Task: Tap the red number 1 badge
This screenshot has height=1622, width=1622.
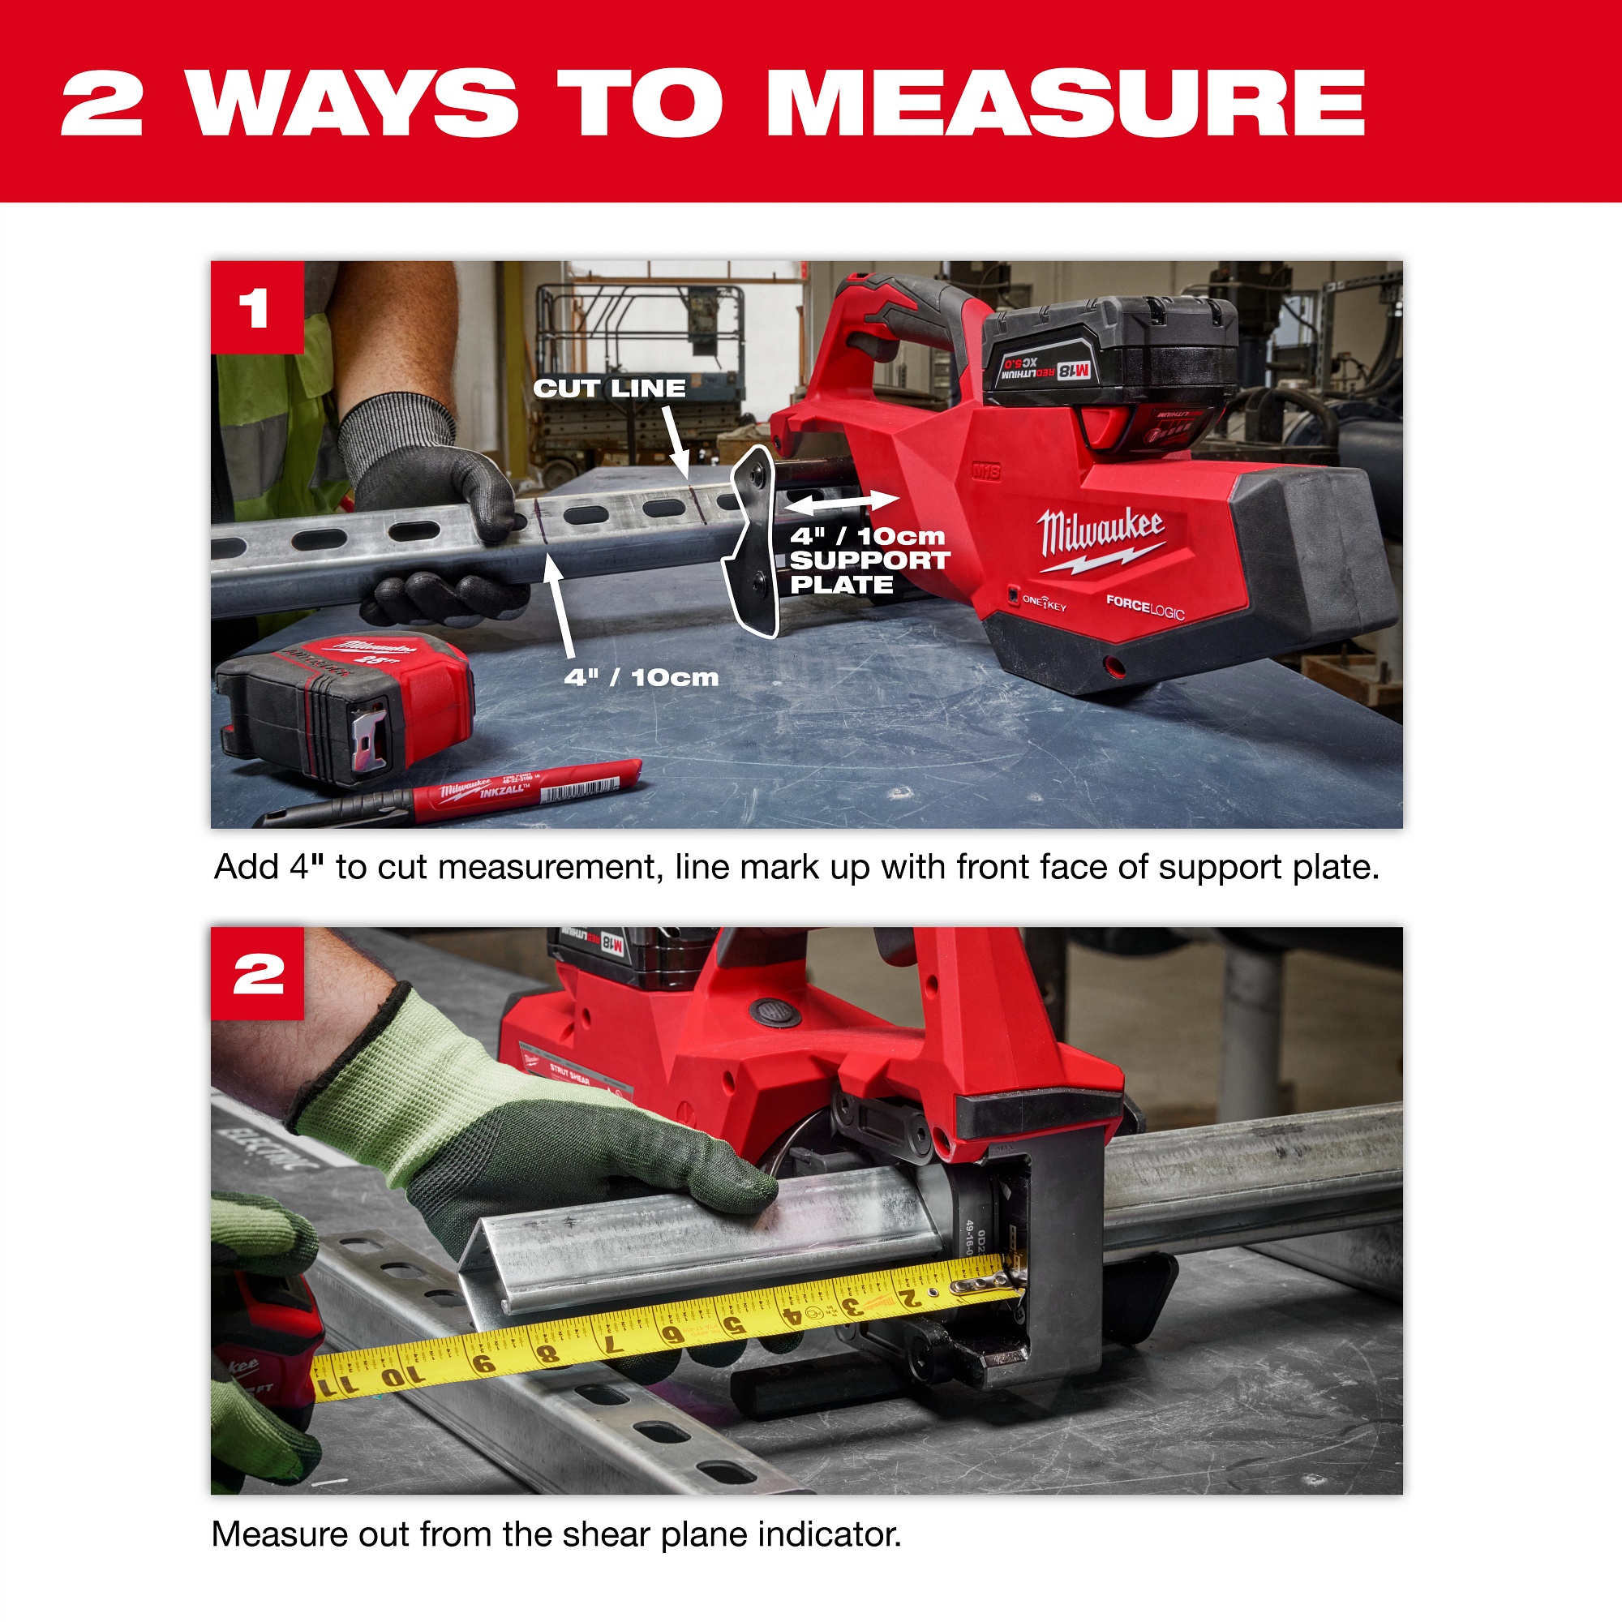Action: [x=256, y=307]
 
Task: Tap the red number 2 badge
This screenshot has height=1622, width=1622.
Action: [x=257, y=974]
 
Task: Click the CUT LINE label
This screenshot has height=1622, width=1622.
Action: [x=610, y=388]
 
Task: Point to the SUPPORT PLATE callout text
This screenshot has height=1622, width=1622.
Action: [x=869, y=561]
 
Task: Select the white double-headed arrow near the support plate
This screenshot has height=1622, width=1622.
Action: [x=841, y=502]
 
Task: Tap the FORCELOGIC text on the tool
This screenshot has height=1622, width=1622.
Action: [x=1144, y=606]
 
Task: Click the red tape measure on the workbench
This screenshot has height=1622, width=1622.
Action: [x=344, y=703]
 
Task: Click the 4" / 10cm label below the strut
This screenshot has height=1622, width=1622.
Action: [x=641, y=677]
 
